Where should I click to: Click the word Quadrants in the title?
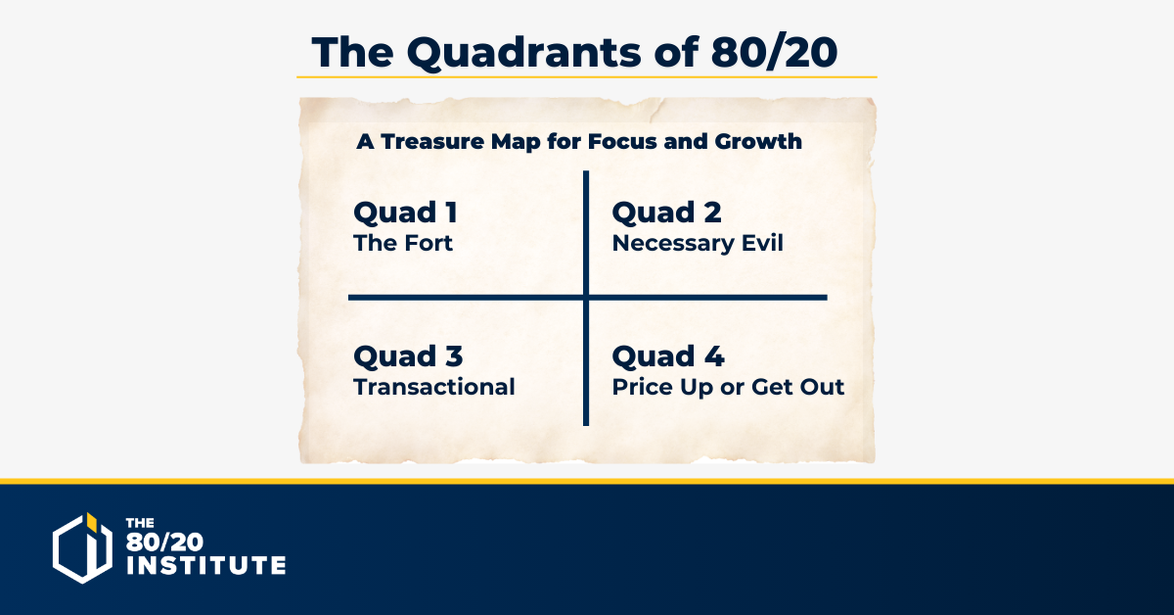[523, 53]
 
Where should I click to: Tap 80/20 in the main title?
[774, 53]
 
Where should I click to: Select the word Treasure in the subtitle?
[432, 141]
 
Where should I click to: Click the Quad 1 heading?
[406, 213]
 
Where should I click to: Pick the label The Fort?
[403, 243]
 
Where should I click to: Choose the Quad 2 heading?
[666, 213]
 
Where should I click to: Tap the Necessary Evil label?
[698, 244]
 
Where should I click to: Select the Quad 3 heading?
[408, 356]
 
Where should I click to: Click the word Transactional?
[434, 387]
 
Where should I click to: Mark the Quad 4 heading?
[668, 356]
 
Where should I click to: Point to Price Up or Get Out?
[728, 387]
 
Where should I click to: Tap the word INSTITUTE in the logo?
[206, 565]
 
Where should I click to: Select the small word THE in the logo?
[140, 523]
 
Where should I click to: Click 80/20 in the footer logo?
[164, 542]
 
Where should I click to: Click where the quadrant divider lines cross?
[586, 298]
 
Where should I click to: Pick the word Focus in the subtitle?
[622, 141]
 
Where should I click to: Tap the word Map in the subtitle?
[515, 142]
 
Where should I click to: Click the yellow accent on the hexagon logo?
[91, 522]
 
